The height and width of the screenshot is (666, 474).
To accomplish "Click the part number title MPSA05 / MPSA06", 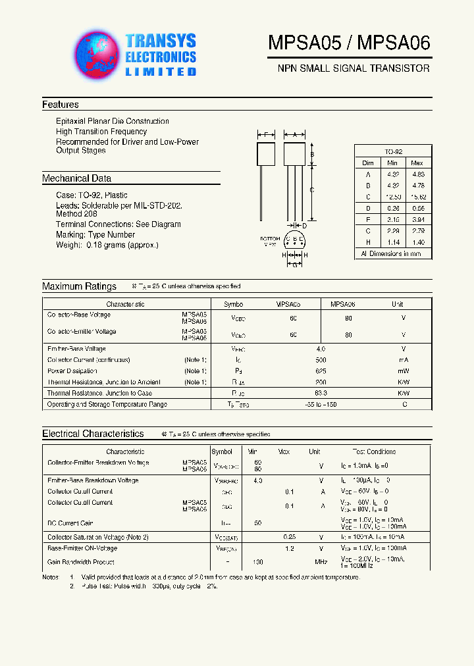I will click(x=349, y=43).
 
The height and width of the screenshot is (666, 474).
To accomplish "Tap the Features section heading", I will click(x=60, y=105).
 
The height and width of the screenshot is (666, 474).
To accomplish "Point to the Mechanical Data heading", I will click(x=76, y=178).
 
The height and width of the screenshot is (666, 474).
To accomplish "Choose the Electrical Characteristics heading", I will click(x=93, y=434).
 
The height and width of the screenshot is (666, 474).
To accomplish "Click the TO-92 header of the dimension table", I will click(x=393, y=151).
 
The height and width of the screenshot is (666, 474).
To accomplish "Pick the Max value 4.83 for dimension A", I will click(x=417, y=174).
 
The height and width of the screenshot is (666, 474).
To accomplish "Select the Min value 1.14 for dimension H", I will click(x=392, y=242).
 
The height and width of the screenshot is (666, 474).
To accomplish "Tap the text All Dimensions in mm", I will click(x=391, y=253).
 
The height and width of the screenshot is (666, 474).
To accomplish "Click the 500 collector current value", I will click(x=321, y=360).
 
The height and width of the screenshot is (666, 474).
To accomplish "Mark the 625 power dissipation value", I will click(x=321, y=371).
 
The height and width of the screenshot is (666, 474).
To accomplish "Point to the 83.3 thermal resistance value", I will click(x=321, y=393).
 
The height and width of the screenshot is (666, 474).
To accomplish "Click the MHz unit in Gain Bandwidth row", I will click(x=321, y=562).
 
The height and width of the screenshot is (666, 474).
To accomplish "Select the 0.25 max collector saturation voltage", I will click(x=289, y=537).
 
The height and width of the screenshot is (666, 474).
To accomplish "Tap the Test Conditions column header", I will click(x=374, y=452).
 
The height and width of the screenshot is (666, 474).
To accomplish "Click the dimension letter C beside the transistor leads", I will click(x=311, y=190).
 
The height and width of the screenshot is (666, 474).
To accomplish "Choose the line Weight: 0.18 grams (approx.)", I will click(x=107, y=245).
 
